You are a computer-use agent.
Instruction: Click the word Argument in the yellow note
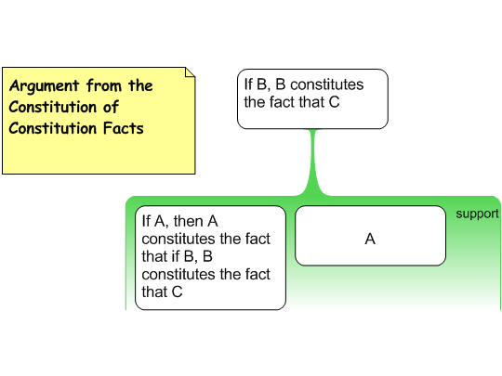point(44,86)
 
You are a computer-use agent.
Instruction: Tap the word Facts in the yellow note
point(124,128)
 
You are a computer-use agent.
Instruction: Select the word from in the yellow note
point(104,85)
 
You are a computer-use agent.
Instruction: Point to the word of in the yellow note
point(111,107)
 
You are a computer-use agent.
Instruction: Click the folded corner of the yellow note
point(190,72)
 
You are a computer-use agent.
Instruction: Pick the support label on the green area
point(477,214)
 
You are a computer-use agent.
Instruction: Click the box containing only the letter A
point(370,236)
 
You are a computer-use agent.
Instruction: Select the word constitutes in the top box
point(327,84)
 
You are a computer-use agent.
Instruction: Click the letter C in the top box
point(334,102)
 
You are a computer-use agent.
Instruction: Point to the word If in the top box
point(248,84)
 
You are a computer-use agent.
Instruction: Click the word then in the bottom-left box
point(188,221)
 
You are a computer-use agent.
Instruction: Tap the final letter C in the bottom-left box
point(177,292)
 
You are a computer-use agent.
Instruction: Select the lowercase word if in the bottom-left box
point(175,256)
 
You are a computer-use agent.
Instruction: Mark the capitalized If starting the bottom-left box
point(146,221)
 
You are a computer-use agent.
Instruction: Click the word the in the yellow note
point(140,85)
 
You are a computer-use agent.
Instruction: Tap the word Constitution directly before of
point(53,107)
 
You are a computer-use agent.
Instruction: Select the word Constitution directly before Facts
point(53,128)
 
